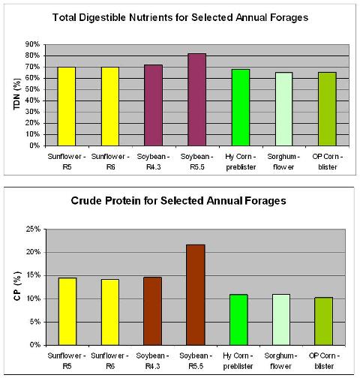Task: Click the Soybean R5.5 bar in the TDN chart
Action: [197, 100]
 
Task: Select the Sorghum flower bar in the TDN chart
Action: [283, 109]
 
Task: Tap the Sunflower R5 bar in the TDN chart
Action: [67, 106]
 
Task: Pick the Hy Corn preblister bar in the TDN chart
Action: [241, 107]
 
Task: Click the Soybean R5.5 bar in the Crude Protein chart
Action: [196, 295]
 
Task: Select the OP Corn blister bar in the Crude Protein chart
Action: [324, 321]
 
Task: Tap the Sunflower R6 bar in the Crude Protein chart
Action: [110, 312]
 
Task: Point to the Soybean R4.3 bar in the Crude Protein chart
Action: [152, 311]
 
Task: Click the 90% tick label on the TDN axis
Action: [32, 44]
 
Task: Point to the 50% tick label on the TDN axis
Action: [32, 89]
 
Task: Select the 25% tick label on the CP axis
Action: [33, 229]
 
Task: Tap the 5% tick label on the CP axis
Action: [35, 322]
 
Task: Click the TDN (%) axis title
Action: [16, 94]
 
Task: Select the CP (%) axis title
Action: [17, 286]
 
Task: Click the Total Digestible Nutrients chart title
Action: [180, 17]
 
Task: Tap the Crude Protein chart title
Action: [178, 201]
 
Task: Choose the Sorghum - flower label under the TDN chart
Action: [283, 161]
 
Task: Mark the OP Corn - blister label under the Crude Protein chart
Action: [324, 361]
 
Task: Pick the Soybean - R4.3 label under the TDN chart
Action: [153, 161]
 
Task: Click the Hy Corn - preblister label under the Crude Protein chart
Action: [238, 361]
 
